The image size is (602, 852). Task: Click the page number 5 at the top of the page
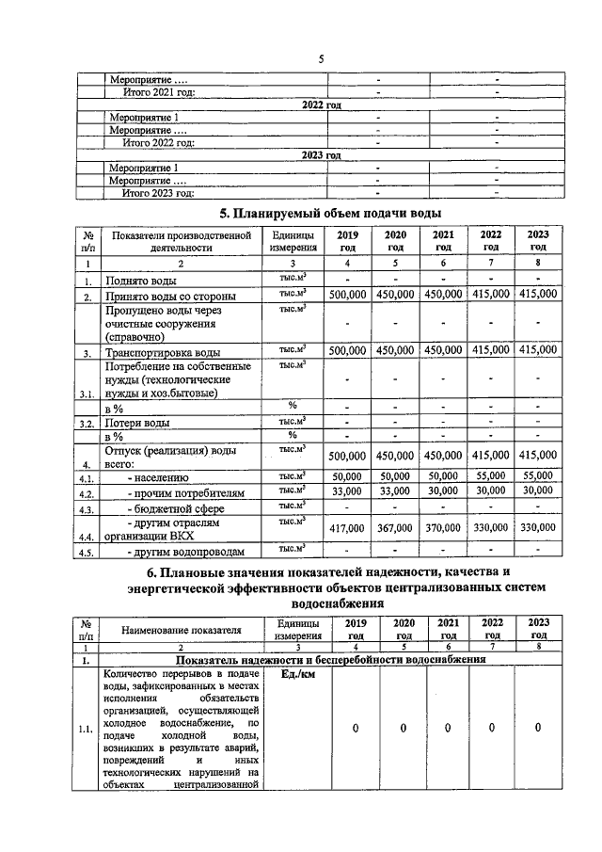pos(320,59)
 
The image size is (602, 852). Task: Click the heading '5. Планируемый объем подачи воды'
pos(330,214)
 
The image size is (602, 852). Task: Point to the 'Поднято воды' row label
pos(144,281)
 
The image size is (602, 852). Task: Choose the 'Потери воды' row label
pos(138,424)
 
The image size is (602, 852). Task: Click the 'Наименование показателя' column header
pos(179,629)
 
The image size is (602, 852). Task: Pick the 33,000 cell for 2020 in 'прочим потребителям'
pos(394,491)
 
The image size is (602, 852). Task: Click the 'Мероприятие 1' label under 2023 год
pos(144,168)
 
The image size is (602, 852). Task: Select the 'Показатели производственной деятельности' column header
pos(179,241)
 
